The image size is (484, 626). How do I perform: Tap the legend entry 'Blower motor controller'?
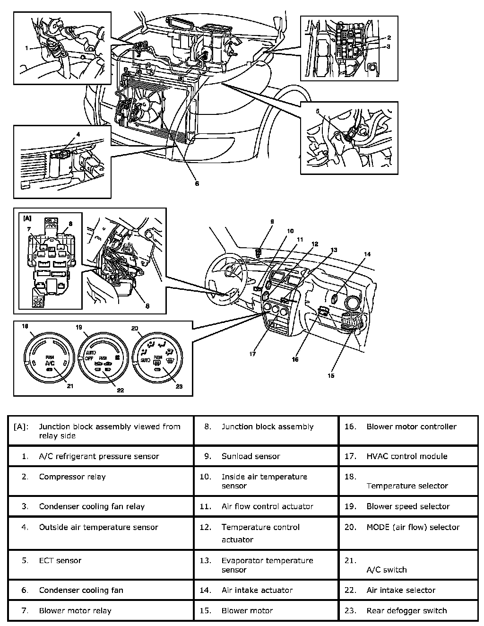point(411,426)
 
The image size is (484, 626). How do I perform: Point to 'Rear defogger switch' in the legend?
point(406,610)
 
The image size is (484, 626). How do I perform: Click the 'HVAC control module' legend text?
point(406,456)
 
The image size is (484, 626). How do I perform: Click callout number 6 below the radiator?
point(197,183)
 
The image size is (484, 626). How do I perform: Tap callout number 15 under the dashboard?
point(331,375)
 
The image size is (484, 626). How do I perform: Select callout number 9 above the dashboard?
point(272,221)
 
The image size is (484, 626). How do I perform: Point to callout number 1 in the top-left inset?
point(27,48)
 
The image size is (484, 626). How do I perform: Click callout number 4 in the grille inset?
point(78,134)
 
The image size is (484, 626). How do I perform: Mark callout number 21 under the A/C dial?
point(70,386)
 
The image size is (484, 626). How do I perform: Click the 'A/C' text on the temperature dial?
point(50,363)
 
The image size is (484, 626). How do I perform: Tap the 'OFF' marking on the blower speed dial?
point(88,358)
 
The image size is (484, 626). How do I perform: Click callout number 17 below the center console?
point(253,354)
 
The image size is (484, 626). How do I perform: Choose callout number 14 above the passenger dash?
point(367,254)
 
